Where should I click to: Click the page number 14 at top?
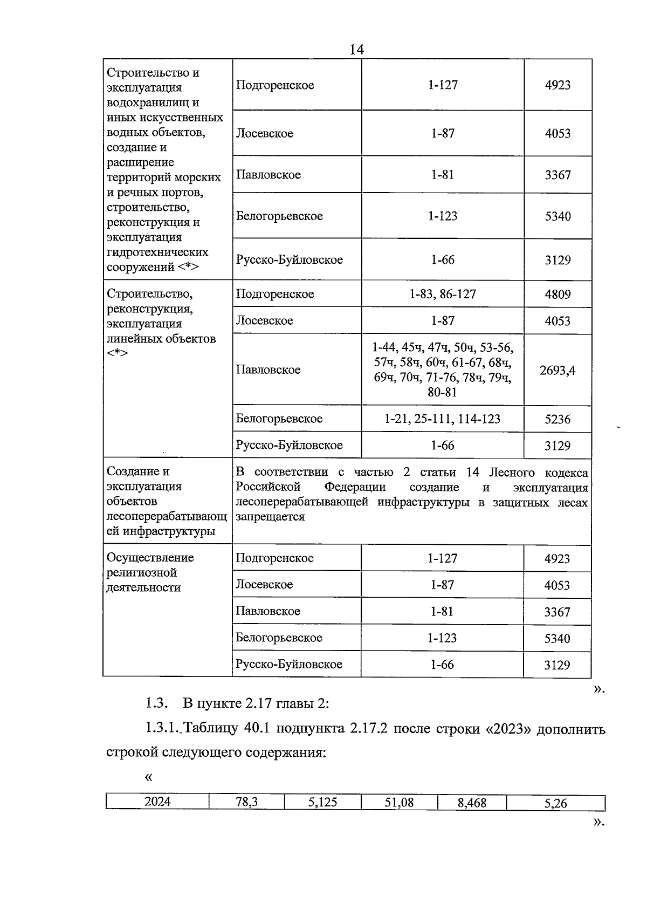click(356, 50)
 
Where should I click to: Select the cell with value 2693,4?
click(557, 370)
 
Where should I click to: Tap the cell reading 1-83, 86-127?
click(442, 294)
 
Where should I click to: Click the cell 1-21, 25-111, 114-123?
click(442, 419)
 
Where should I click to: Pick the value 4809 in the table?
click(557, 295)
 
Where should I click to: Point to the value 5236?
click(557, 419)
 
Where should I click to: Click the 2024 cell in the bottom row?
click(157, 802)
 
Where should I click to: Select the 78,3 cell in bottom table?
click(247, 802)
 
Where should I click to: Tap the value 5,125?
click(322, 802)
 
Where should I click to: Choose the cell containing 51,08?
click(399, 802)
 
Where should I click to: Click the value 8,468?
click(472, 803)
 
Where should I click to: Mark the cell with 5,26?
click(555, 803)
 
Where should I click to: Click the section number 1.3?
click(157, 703)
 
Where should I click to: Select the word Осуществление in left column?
click(150, 558)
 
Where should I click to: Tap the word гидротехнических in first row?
click(157, 252)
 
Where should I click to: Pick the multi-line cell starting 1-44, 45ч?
click(442, 369)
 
